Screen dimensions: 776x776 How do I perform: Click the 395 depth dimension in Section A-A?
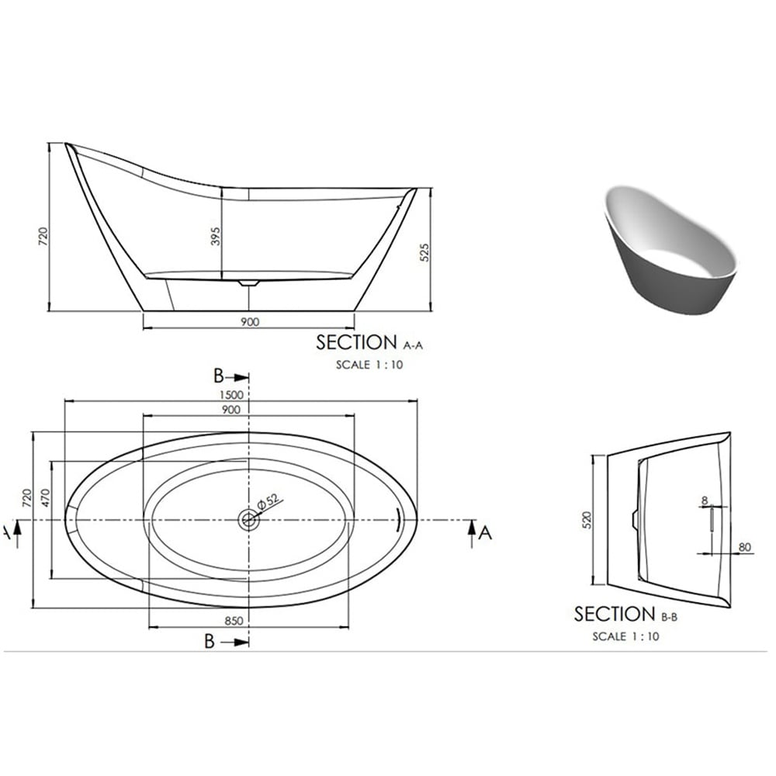(x=216, y=237)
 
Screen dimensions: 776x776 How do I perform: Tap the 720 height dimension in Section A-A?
(x=43, y=236)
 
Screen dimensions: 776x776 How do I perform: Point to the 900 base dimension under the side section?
(x=249, y=321)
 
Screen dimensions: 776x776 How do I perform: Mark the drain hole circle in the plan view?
(x=248, y=519)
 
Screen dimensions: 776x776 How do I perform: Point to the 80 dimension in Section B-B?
(x=745, y=547)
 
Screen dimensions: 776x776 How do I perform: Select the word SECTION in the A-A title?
(x=356, y=342)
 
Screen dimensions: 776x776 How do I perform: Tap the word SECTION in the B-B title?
(x=615, y=615)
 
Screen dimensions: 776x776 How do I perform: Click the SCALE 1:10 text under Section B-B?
(x=625, y=636)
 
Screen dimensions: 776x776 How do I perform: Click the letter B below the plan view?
(x=209, y=642)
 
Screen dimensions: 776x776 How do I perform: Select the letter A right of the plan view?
(x=486, y=532)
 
